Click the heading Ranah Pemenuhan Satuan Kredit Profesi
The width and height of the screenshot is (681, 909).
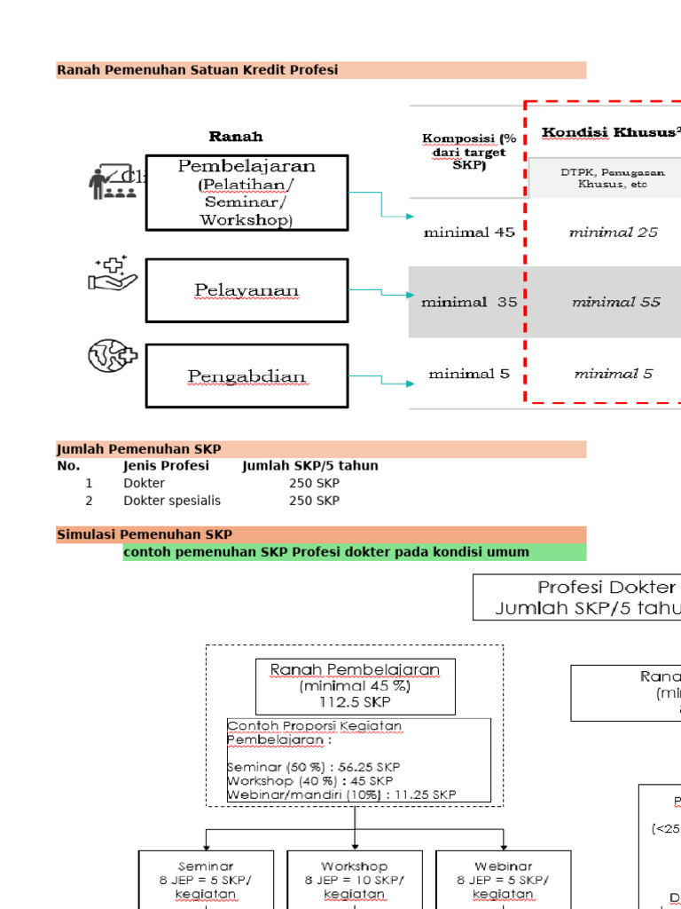[198, 70]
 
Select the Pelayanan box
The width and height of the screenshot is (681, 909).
[247, 290]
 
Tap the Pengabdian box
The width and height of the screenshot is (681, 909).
[247, 376]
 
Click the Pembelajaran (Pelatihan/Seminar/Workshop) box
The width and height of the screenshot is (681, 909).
[247, 193]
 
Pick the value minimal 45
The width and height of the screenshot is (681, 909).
[469, 233]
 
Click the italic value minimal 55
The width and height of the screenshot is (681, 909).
[615, 302]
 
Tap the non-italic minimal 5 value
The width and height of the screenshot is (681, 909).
[469, 374]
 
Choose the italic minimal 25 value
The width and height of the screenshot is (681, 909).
[614, 233]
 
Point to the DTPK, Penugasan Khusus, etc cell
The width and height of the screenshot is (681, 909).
[612, 178]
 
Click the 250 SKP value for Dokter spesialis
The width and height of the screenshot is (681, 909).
[314, 501]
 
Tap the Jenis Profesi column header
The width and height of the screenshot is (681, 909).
[167, 466]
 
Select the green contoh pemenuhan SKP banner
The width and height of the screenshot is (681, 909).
[354, 552]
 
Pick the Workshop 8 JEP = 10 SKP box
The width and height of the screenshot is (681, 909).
[355, 880]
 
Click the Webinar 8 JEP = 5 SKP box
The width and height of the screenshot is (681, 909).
[503, 880]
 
